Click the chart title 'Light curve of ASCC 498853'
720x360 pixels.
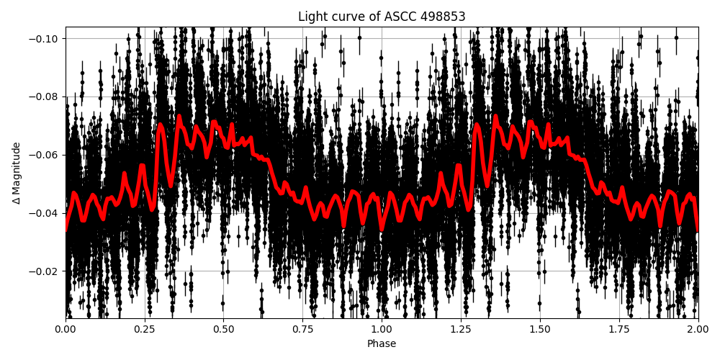pos(382,17)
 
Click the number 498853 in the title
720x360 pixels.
pos(443,17)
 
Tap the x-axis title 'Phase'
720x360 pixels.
pos(382,344)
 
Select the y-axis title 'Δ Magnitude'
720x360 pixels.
pos(16,173)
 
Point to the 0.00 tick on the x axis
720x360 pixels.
pos(66,329)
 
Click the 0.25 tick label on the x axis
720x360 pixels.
pos(144,329)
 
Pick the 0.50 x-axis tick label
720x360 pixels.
pos(223,329)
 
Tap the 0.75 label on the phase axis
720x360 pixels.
pos(302,329)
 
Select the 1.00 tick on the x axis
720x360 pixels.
pos(382,329)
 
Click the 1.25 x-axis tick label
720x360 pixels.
pos(461,329)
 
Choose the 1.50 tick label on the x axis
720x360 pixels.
pos(539,329)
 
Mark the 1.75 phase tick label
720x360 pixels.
pos(618,329)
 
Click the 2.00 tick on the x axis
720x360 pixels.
pos(698,329)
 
